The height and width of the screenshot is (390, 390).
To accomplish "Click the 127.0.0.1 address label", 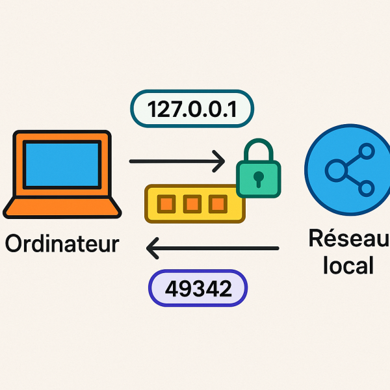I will [191, 109].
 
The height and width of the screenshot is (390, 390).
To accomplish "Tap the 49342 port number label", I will [198, 289].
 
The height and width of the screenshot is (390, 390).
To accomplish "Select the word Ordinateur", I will [62, 244].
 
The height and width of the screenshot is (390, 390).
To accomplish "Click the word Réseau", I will [348, 238].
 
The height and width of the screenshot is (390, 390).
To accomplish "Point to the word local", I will [348, 265].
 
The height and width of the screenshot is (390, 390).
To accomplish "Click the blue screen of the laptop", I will [62, 165].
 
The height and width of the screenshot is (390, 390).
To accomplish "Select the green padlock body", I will [258, 178].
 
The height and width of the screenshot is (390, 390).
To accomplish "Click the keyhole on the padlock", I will [258, 177].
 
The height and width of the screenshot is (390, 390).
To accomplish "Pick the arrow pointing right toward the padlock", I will [175, 161].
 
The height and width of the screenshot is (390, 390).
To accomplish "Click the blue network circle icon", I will [348, 170].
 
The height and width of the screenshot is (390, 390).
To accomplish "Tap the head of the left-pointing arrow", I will [153, 248].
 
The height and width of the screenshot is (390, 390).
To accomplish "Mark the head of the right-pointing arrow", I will [219, 161].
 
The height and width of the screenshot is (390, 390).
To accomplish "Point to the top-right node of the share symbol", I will [366, 153].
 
